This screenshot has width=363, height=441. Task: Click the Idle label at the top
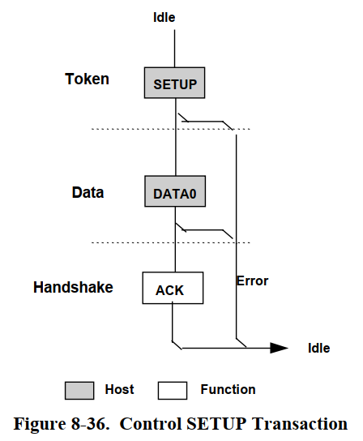[164, 16]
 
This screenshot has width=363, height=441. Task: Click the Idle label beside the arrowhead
[318, 348]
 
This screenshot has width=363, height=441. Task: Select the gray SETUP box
[175, 83]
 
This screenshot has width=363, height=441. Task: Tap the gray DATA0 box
[175, 194]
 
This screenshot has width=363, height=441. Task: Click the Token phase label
[87, 79]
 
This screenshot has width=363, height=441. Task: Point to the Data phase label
[88, 192]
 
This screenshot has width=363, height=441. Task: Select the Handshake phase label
[73, 287]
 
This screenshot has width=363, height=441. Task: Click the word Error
[252, 281]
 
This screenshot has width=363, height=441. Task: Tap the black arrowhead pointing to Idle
[278, 348]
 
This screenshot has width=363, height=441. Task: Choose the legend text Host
[120, 390]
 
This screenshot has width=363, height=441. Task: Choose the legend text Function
[228, 390]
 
